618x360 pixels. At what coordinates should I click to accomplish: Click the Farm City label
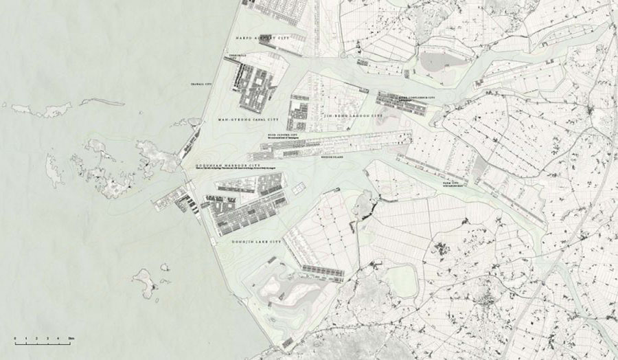click(448, 183)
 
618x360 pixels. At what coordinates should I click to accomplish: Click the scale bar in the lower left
click(41, 337)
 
